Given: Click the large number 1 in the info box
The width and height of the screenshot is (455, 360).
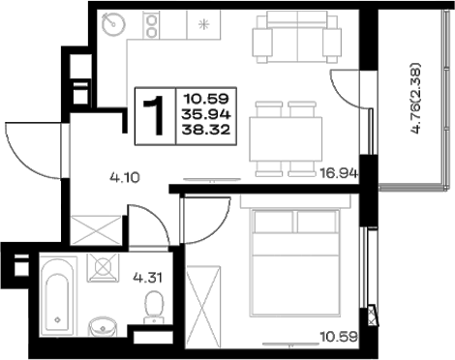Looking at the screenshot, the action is [154, 116].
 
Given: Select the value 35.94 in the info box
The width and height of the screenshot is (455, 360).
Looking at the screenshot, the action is [206, 114].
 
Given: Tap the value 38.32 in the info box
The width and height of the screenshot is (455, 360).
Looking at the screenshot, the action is [206, 130].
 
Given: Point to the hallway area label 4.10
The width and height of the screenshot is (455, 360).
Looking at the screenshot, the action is [125, 177].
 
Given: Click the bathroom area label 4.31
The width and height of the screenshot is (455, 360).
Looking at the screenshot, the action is [148, 277].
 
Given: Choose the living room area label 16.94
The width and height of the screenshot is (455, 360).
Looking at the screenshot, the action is [339, 173].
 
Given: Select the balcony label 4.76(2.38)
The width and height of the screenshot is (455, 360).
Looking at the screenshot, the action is [416, 98].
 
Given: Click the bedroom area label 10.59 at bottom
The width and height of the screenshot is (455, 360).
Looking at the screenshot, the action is [339, 337].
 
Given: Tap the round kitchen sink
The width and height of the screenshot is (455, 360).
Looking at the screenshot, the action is [113, 24].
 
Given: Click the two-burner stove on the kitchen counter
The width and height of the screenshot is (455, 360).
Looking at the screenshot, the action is [151, 25].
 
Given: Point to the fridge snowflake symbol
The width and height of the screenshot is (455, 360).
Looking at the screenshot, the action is [203, 24].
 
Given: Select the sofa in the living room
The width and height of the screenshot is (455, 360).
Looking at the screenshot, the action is [297, 37].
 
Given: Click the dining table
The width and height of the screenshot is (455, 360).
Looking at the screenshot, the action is [286, 139].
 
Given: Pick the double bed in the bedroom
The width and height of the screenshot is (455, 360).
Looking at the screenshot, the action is [295, 262].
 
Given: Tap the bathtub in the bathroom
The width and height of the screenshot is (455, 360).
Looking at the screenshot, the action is [58, 296].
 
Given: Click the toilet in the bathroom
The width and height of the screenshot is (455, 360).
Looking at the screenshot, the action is [154, 307].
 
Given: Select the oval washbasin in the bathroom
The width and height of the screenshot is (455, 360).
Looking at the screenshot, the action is [103, 327].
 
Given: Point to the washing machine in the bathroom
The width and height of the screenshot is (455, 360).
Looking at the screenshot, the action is [104, 267].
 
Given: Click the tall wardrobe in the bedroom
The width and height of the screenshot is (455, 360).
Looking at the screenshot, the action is [203, 307].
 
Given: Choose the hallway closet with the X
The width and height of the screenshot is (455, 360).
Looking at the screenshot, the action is [96, 230].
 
